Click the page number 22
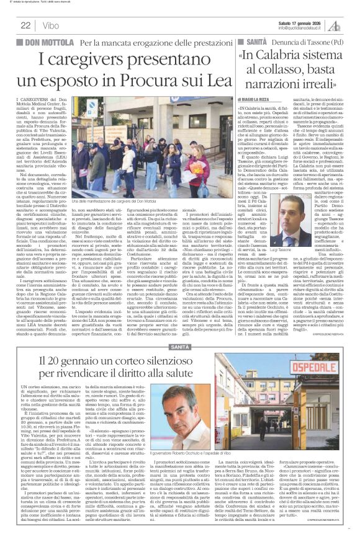(25, 25)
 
